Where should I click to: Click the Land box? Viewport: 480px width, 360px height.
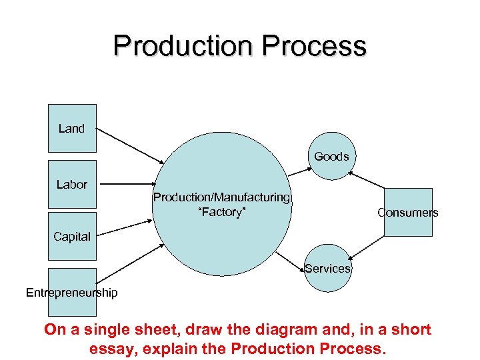pyautogui.click(x=72, y=128)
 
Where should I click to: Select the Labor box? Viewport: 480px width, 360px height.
pyautogui.click(x=72, y=184)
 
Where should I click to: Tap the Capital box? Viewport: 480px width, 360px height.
pyautogui.click(x=72, y=236)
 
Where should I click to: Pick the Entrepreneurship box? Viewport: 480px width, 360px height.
pyautogui.click(x=72, y=292)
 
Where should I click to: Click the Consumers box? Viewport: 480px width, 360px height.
pyautogui.click(x=408, y=212)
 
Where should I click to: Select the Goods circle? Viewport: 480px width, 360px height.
pyautogui.click(x=331, y=157)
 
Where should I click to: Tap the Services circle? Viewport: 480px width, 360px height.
pyautogui.click(x=327, y=269)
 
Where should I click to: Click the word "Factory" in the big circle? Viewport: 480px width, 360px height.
pyautogui.click(x=221, y=212)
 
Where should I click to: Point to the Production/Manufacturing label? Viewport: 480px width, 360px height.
pyautogui.click(x=221, y=197)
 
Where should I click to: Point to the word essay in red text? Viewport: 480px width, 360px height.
pyautogui.click(x=110, y=348)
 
